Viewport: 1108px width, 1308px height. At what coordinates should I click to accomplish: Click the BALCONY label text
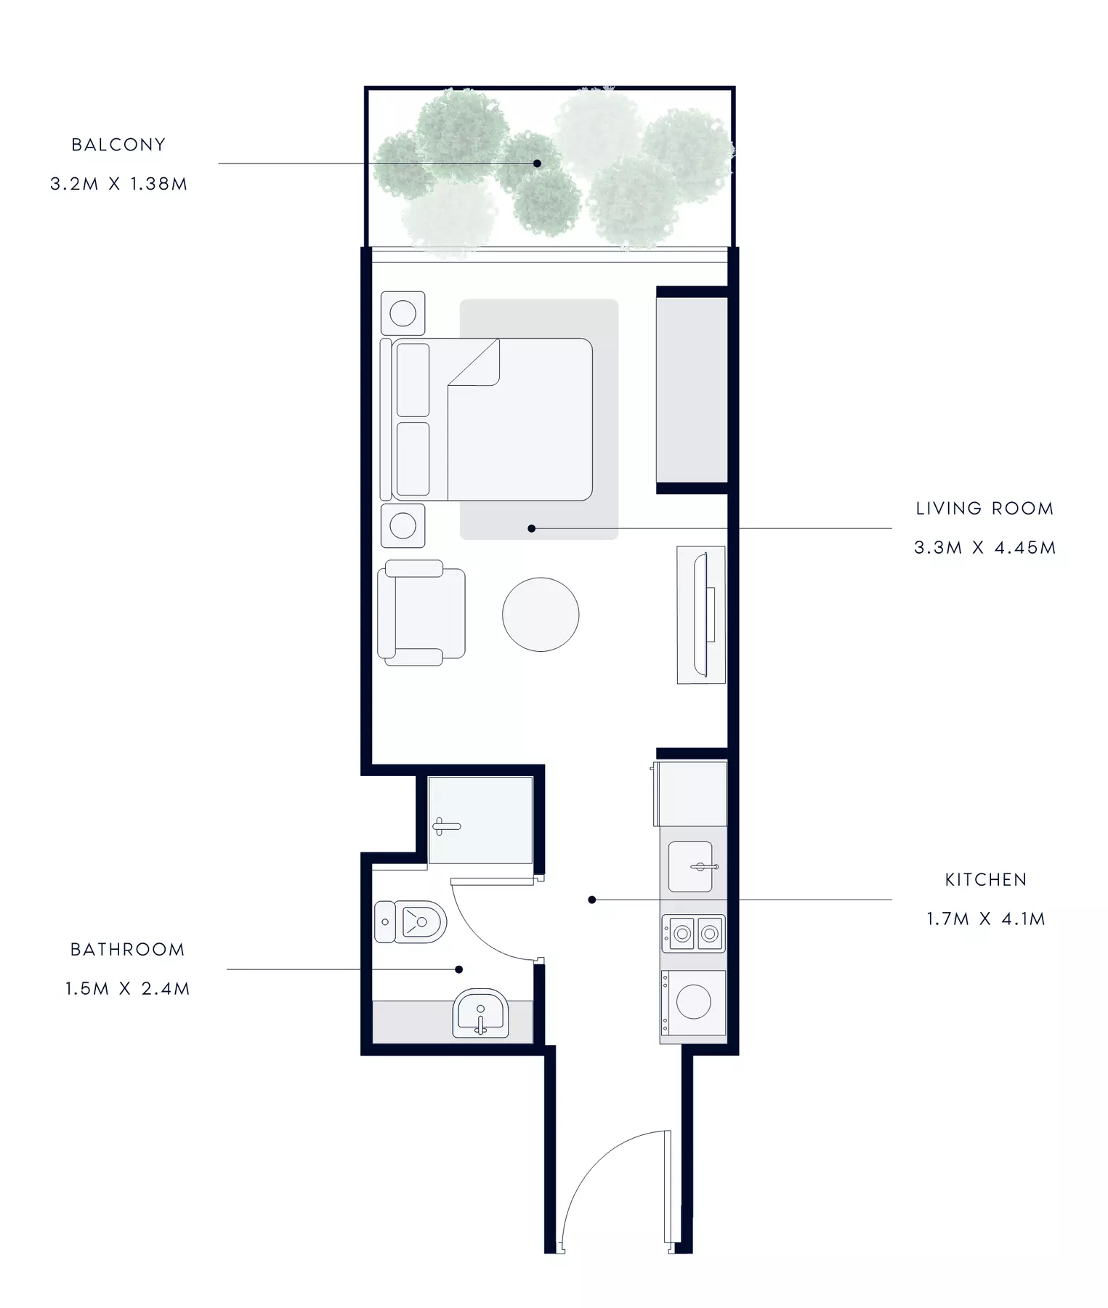[x=118, y=145]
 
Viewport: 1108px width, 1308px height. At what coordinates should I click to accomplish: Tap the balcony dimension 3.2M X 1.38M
[x=118, y=184]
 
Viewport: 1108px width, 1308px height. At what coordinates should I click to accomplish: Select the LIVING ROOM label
[x=984, y=509]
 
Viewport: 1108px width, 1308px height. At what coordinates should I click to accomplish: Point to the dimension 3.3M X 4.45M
[x=984, y=548]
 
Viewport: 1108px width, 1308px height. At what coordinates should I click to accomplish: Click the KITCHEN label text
[x=986, y=880]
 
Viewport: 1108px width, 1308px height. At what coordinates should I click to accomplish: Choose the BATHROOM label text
[x=127, y=950]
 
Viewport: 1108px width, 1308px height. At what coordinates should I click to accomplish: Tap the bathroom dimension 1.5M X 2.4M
[x=127, y=989]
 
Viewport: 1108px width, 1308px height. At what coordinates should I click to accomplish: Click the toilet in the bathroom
[x=410, y=922]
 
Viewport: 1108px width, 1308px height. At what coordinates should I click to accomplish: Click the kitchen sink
[x=690, y=866]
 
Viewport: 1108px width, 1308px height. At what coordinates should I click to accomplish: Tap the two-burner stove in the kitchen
[x=693, y=933]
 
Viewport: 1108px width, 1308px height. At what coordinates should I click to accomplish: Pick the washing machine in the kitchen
[x=693, y=1003]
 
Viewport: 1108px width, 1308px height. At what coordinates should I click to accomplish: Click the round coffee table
[x=541, y=614]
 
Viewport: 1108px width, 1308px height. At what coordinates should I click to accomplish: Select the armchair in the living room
[x=421, y=613]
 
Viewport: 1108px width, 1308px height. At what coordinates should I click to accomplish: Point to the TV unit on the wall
[x=701, y=615]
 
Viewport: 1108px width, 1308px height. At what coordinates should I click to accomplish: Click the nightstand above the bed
[x=403, y=314]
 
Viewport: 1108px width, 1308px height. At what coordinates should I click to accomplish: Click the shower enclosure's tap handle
[x=446, y=826]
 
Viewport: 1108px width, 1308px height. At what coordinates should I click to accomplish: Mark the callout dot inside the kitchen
[x=592, y=900]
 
